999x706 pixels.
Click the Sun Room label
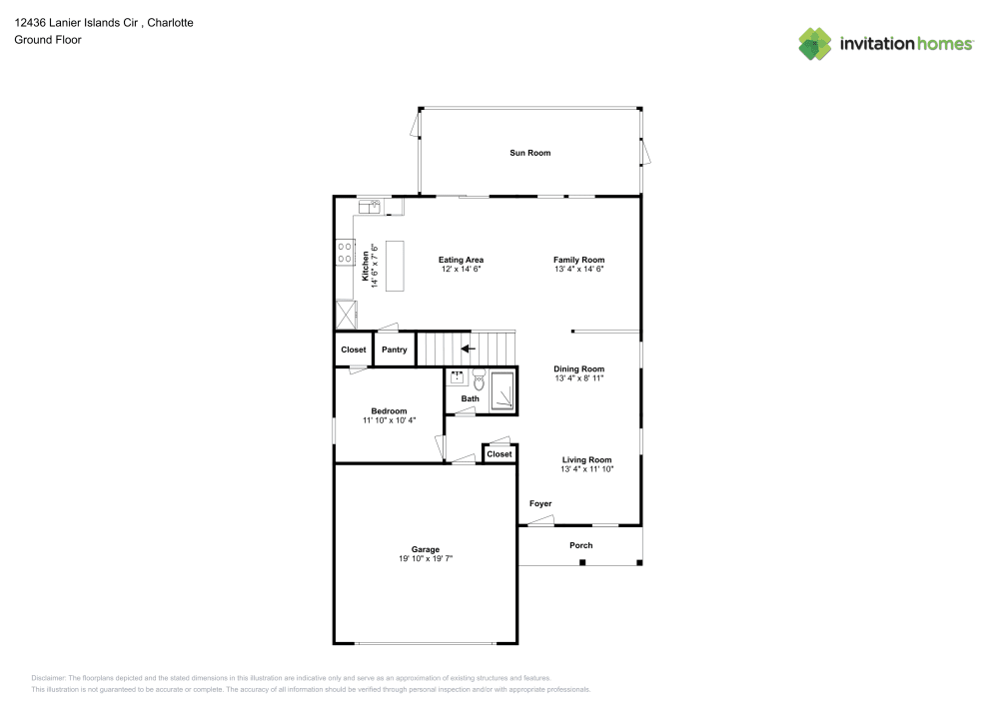click(529, 153)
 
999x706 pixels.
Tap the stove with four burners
click(345, 252)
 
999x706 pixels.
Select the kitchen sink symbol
click(371, 206)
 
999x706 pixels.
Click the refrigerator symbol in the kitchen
click(347, 315)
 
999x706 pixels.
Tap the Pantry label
click(394, 350)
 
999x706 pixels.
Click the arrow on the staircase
click(468, 349)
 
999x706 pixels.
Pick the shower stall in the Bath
click(502, 390)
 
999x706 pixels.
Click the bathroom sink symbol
click(457, 377)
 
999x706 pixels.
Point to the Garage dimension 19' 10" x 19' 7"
click(426, 559)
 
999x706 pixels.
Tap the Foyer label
click(539, 504)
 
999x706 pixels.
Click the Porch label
click(580, 545)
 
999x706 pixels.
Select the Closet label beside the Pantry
click(354, 350)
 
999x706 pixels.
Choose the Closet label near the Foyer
click(499, 454)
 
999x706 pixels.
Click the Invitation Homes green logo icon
click(815, 43)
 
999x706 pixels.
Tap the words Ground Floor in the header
click(48, 40)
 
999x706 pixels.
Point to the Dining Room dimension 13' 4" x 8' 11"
click(579, 378)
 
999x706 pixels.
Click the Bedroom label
click(389, 410)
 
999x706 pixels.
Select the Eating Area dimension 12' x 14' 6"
click(461, 270)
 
